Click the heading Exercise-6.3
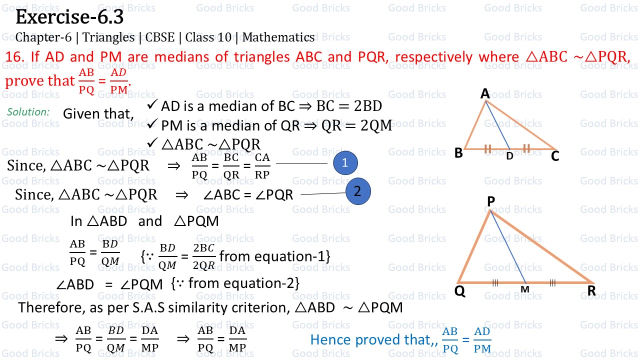point(69,17)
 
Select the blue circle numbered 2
point(358,191)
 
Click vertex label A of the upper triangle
point(485,93)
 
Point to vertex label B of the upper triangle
point(458,153)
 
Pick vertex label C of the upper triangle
point(555,156)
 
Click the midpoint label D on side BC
point(509,156)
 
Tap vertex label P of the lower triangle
point(490,201)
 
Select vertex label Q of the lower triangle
point(460,291)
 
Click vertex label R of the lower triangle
point(591,291)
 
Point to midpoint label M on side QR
point(524,290)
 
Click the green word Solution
point(28,112)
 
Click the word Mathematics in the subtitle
point(278,37)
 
